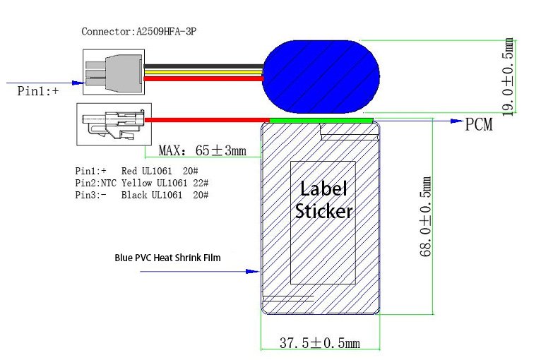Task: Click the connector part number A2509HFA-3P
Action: point(166,32)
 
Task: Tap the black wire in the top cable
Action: point(203,66)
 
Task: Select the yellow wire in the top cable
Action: point(203,73)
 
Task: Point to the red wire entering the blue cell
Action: point(203,78)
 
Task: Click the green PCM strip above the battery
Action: point(321,120)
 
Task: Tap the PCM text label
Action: point(479,124)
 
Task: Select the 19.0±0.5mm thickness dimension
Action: point(507,76)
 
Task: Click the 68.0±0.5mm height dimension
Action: point(425,217)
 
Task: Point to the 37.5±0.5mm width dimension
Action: point(320,343)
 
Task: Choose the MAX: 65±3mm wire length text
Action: point(203,150)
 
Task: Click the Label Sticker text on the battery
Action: point(323,200)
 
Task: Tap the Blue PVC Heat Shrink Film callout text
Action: point(167,258)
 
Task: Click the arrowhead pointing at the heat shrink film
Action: point(252,271)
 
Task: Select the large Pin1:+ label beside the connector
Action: point(38,90)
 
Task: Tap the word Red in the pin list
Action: point(129,171)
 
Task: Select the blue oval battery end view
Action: point(321,76)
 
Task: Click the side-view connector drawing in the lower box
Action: point(113,124)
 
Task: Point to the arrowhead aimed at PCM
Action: point(457,121)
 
